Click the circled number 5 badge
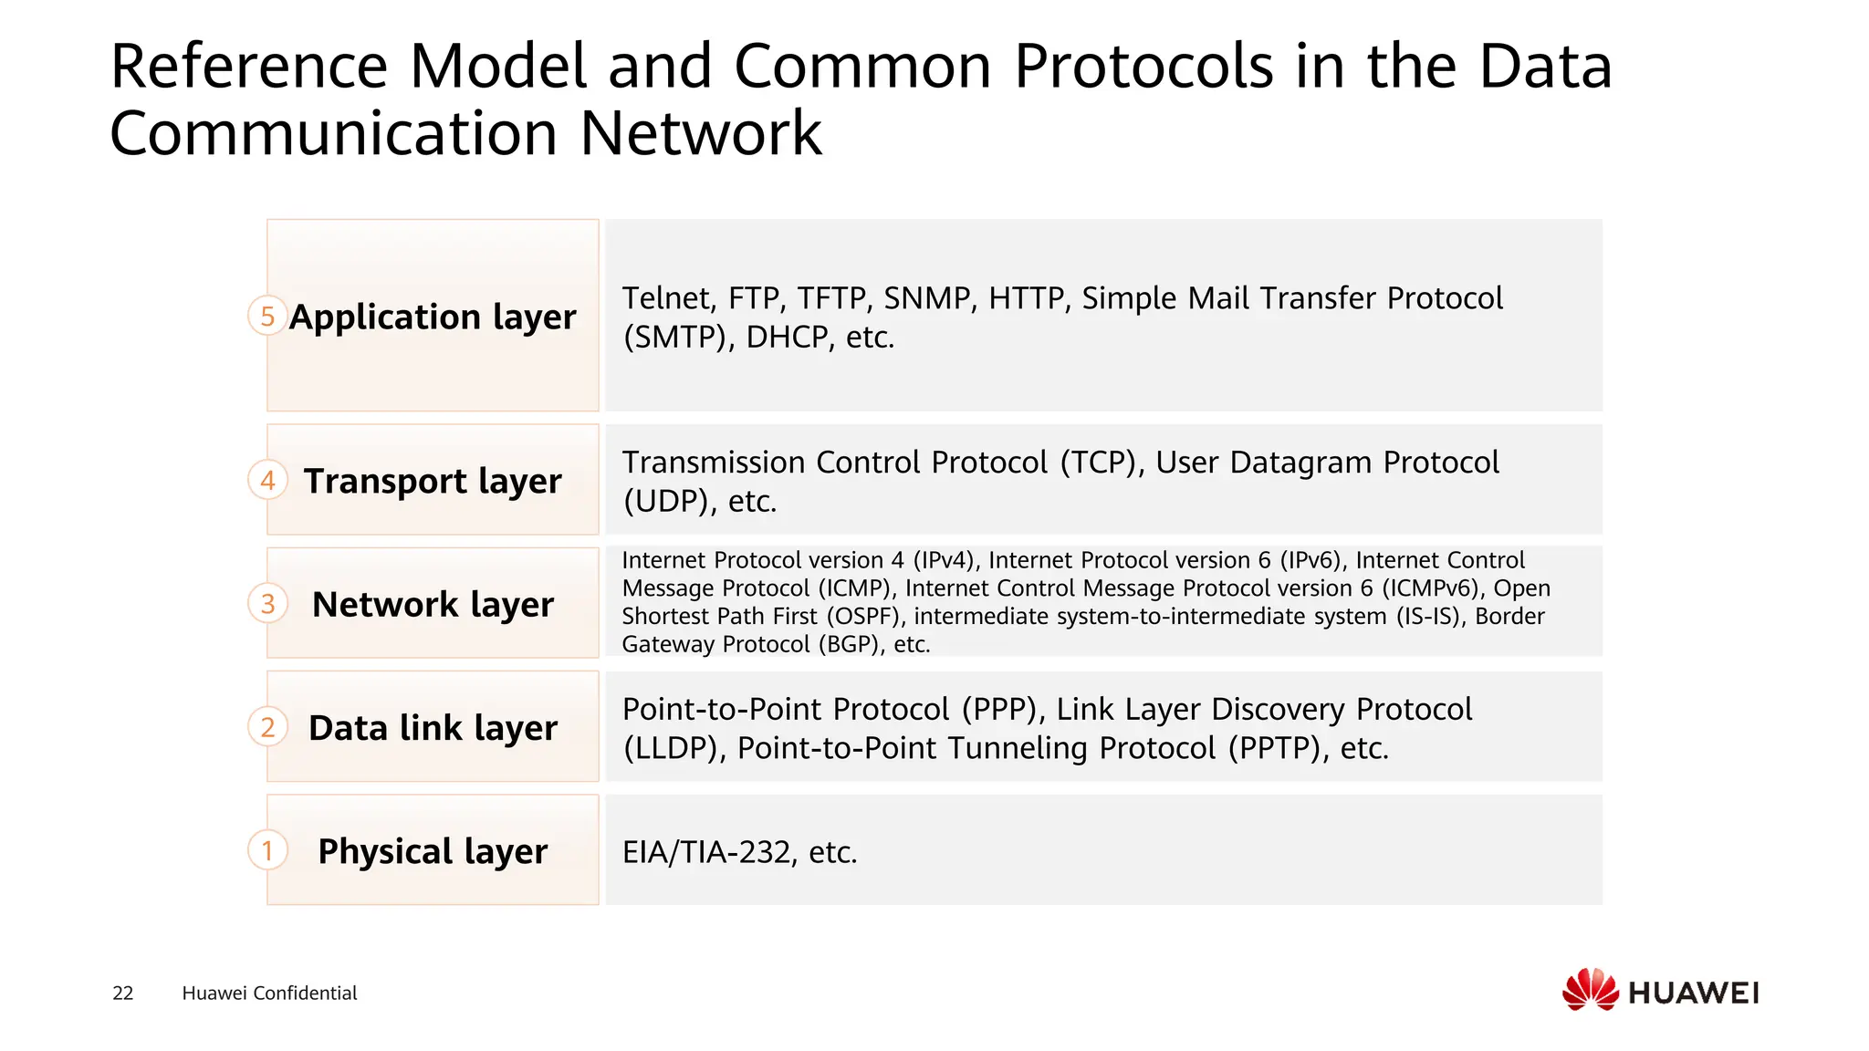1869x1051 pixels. pyautogui.click(x=267, y=316)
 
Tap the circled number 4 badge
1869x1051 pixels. pyautogui.click(x=267, y=480)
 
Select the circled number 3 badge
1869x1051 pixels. pyautogui.click(x=267, y=603)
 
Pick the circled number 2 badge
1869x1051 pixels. pyautogui.click(x=267, y=727)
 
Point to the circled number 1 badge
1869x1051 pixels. pyautogui.click(x=267, y=850)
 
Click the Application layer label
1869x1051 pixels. pyautogui.click(x=433, y=317)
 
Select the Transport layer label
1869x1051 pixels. pyautogui.click(x=433, y=481)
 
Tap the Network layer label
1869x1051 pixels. pyautogui.click(x=433, y=604)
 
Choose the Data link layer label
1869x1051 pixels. pyautogui.click(x=433, y=728)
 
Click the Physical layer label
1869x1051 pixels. pyautogui.click(x=433, y=851)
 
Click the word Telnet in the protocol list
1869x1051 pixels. pyautogui.click(x=666, y=298)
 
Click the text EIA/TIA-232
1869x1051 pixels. pyautogui.click(x=706, y=852)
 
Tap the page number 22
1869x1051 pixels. pyautogui.click(x=123, y=993)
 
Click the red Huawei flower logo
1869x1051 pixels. pyautogui.click(x=1590, y=990)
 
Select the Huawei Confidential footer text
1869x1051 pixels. pyautogui.click(x=269, y=993)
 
